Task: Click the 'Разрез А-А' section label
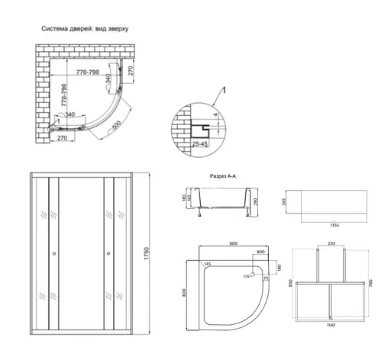(226, 175)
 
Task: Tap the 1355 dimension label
(334, 226)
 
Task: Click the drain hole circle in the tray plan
(255, 276)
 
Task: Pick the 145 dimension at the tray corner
(207, 265)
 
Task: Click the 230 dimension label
(331, 244)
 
